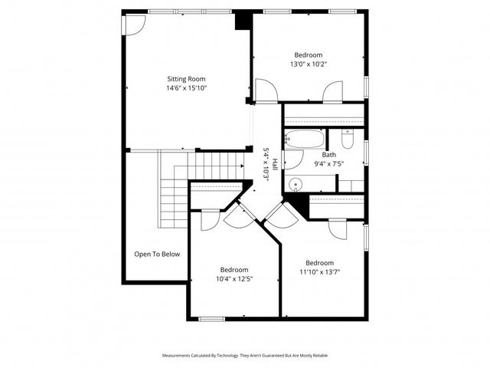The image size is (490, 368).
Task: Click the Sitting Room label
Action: coord(187,78)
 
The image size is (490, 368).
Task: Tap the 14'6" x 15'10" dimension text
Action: coord(187,88)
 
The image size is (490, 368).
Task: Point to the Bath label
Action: coord(328,154)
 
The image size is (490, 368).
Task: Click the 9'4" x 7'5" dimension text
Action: coord(328,163)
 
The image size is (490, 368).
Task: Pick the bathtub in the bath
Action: coord(304,140)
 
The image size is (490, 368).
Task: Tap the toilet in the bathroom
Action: coord(348,139)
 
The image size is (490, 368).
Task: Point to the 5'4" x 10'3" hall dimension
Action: coord(266,163)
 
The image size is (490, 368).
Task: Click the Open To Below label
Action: coord(157,254)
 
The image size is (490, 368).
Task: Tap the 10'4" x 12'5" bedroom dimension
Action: coord(234,279)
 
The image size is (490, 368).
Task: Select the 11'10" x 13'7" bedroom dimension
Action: coord(319,272)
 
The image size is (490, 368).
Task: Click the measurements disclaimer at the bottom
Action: coord(245,356)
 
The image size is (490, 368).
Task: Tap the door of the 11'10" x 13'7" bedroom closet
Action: coord(338,228)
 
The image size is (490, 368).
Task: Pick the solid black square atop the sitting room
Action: coord(243,20)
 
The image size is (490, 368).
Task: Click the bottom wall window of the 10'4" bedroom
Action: coord(211,318)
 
